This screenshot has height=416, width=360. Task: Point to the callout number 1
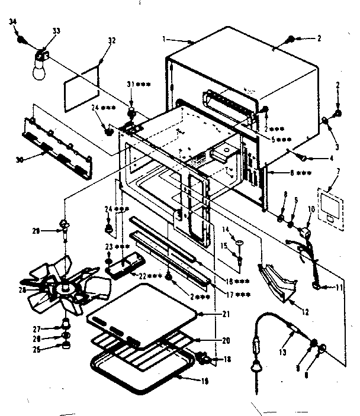[164, 39]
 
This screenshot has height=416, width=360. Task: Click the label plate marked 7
[329, 207]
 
